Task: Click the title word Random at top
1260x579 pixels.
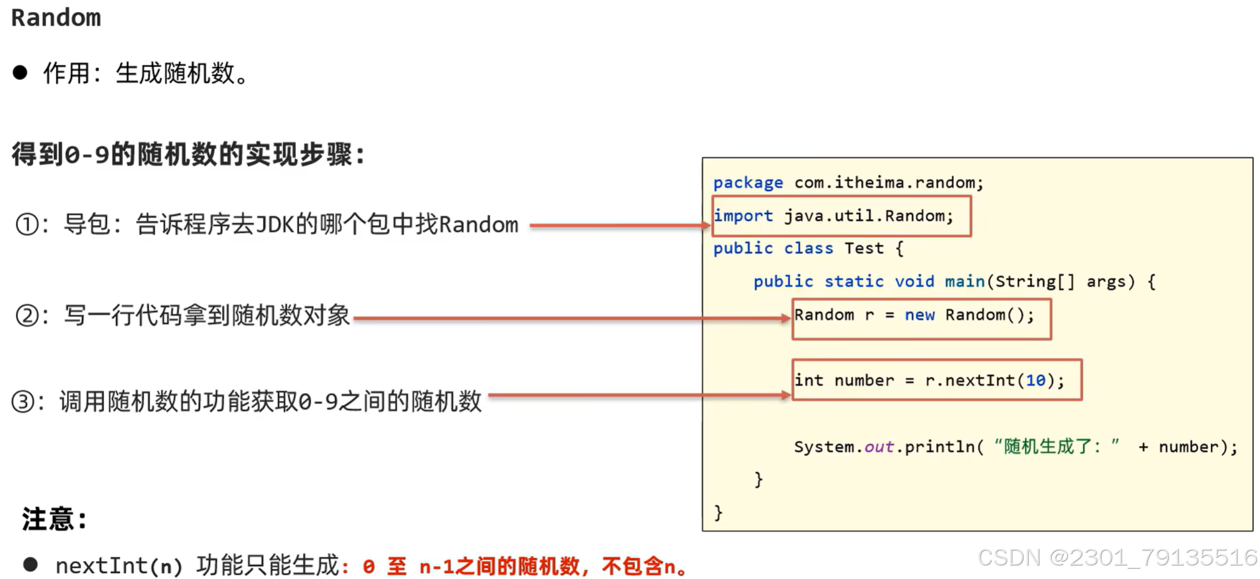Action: tap(56, 18)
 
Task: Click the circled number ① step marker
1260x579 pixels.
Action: tap(27, 225)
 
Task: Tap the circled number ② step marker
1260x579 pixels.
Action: tap(27, 316)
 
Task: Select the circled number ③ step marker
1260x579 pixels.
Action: tap(23, 402)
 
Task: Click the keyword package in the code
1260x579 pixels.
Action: tap(748, 183)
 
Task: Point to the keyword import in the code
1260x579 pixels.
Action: tap(743, 216)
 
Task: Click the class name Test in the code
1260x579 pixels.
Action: tap(864, 249)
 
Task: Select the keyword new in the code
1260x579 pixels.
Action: tap(919, 315)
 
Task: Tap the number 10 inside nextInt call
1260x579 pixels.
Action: tap(1035, 381)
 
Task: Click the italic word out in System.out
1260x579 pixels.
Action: tap(879, 447)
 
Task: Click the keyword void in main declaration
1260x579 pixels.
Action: tap(914, 282)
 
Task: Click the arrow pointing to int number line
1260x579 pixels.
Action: tap(639, 396)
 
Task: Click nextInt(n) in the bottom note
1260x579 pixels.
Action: tap(119, 566)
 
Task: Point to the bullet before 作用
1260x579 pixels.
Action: tap(20, 72)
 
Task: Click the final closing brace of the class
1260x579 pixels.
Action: tap(718, 513)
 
